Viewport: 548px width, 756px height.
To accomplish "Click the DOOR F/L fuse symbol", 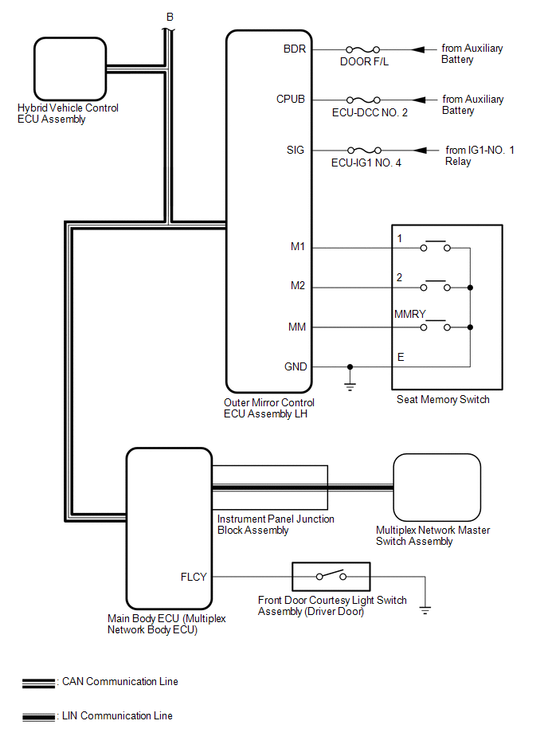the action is click(x=363, y=49).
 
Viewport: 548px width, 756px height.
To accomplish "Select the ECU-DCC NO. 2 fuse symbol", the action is click(x=364, y=100).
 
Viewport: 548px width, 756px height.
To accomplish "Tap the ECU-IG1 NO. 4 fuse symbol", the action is click(x=364, y=151).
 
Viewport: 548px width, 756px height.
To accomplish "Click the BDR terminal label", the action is click(x=295, y=49).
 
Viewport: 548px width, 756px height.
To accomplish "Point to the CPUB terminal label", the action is click(x=291, y=100).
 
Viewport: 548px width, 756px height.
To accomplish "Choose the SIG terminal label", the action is click(x=296, y=150).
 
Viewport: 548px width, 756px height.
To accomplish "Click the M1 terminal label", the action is click(x=298, y=247).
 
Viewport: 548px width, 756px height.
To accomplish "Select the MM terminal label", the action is click(x=297, y=327).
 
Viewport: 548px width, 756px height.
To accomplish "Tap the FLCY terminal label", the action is click(x=194, y=577).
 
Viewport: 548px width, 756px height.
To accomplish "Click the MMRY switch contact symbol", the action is click(x=435, y=324).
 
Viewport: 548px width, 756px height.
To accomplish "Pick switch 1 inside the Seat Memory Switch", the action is click(x=435, y=245).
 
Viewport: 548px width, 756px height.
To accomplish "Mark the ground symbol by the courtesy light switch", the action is click(x=425, y=610).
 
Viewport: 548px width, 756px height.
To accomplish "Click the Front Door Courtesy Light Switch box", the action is click(x=331, y=577).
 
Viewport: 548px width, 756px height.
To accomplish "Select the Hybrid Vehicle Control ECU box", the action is click(x=70, y=69).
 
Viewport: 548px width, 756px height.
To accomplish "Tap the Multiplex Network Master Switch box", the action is click(x=436, y=488).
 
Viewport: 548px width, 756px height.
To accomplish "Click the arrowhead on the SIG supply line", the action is click(x=420, y=151).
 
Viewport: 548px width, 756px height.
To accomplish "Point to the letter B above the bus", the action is click(x=170, y=17).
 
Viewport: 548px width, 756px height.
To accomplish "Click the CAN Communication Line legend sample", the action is click(x=38, y=684).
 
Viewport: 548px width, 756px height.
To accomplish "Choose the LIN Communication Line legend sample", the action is click(x=38, y=718).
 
